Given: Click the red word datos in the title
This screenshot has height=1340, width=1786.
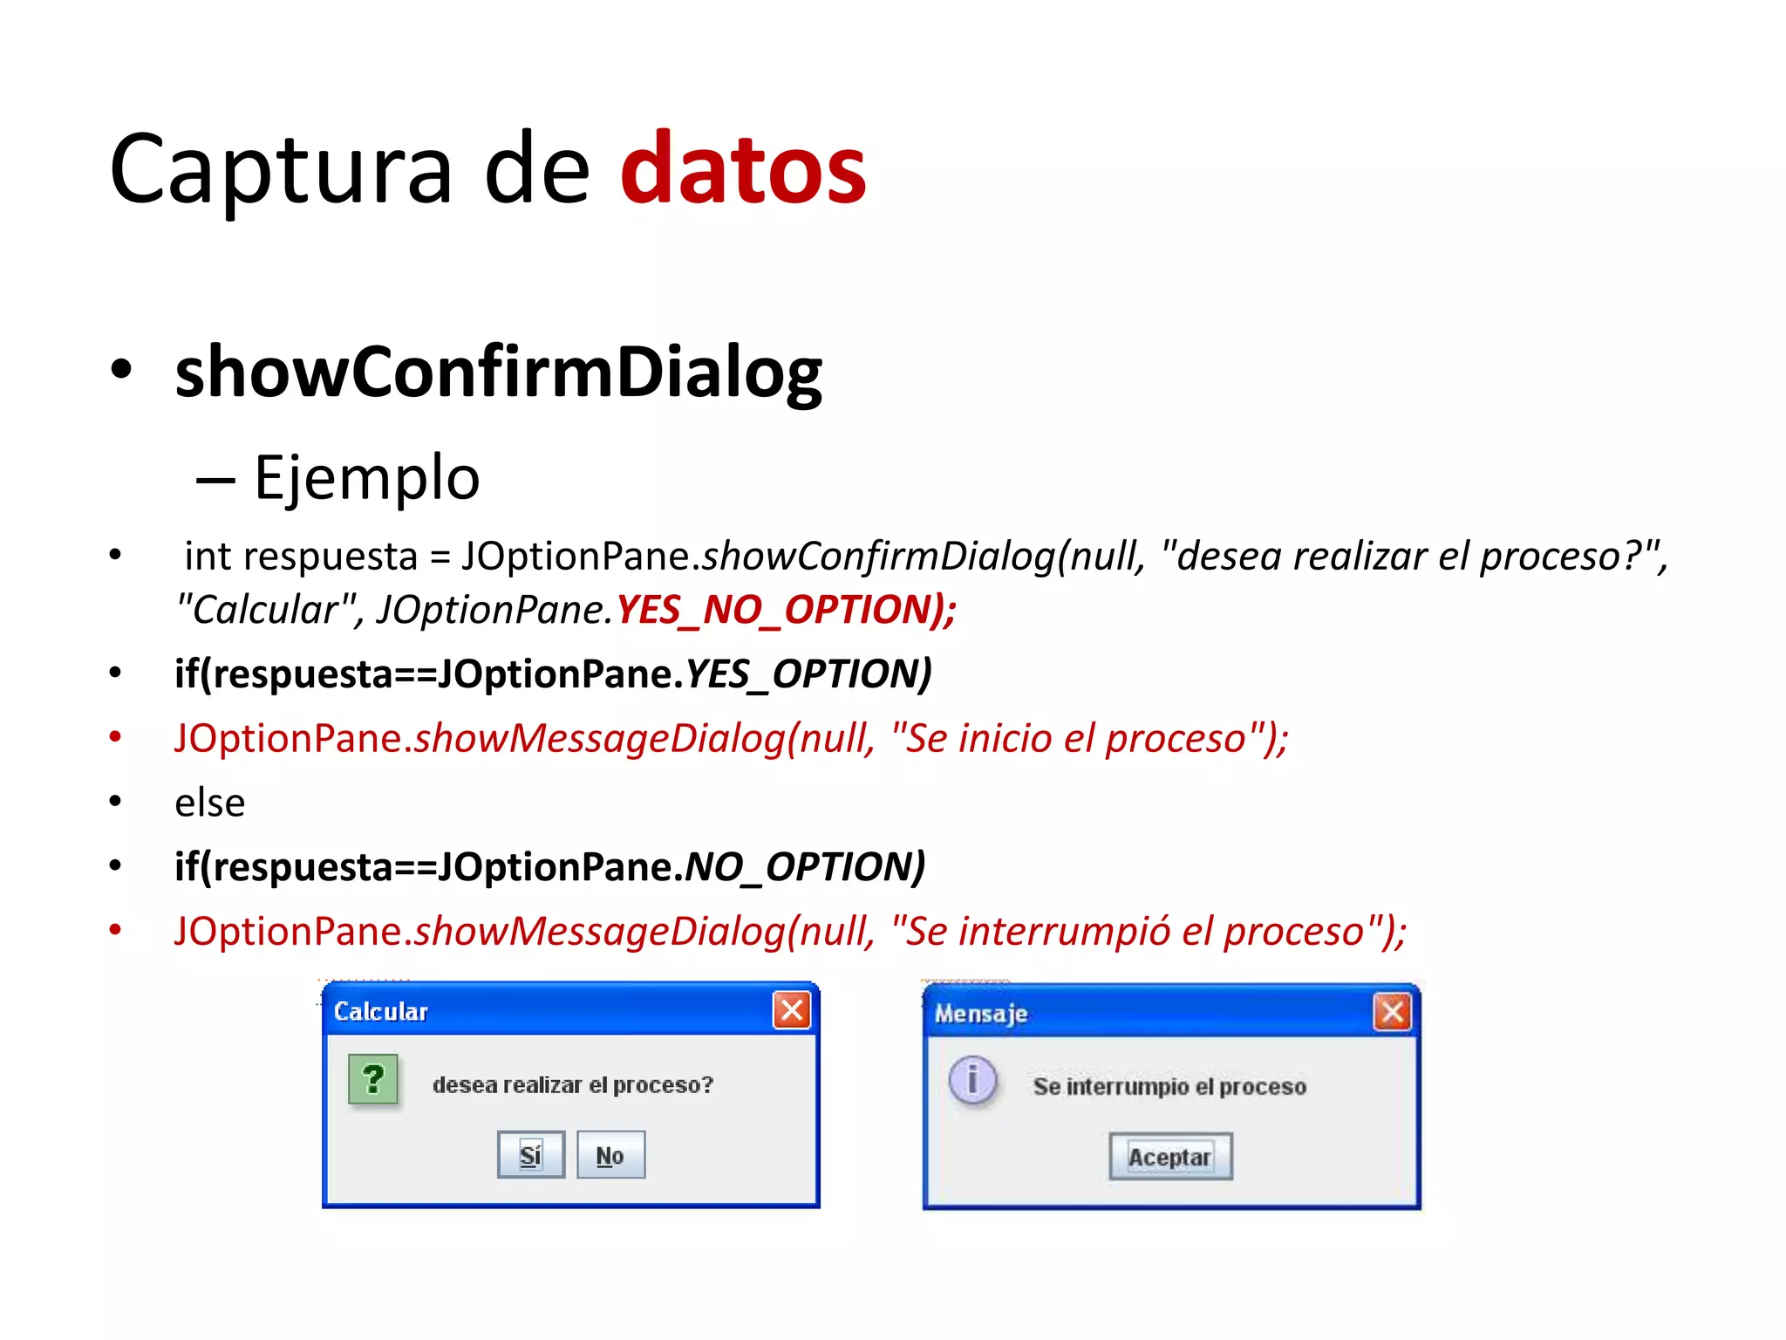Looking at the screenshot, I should click(x=743, y=168).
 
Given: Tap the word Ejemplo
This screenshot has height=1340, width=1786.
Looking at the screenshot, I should click(x=366, y=478).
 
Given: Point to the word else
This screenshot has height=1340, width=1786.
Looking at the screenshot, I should click(x=209, y=803).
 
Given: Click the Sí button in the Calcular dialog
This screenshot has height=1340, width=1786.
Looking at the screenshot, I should click(x=530, y=1155).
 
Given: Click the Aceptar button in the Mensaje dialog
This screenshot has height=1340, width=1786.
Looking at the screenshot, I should click(x=1169, y=1157).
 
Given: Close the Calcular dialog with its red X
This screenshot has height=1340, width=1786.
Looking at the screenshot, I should click(x=791, y=1010).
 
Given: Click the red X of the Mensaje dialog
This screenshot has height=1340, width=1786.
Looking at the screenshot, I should click(x=1392, y=1012).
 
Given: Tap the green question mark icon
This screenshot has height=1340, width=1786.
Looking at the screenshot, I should click(x=373, y=1079).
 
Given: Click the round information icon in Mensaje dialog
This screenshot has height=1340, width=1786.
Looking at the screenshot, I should click(x=972, y=1079).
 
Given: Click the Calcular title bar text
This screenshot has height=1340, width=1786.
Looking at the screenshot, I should click(x=381, y=1011).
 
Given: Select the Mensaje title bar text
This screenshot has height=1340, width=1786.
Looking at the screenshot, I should click(x=981, y=1013).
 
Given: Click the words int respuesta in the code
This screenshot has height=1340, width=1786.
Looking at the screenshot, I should click(x=301, y=557).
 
